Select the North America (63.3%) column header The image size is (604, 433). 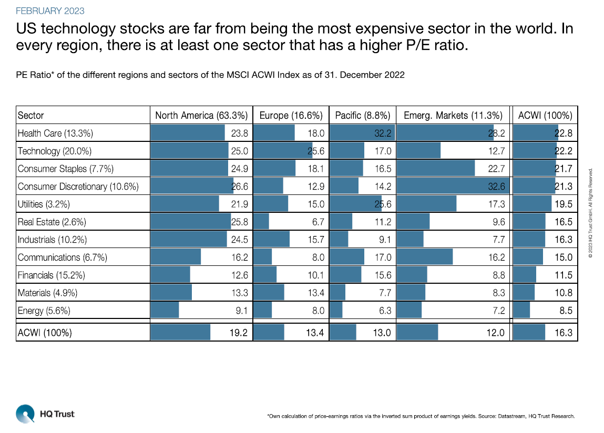tap(201, 116)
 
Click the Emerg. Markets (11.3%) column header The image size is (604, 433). tap(453, 116)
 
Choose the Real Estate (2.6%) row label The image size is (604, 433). tap(52, 222)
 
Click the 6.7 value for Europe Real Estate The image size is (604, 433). tap(318, 222)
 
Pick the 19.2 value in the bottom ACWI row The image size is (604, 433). tap(239, 333)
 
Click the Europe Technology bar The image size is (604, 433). tap(283, 151)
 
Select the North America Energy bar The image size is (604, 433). tap(165, 311)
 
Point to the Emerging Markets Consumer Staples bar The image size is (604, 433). tap(436, 169)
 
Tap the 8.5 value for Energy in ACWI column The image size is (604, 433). tap(566, 311)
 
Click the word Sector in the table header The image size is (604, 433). tap(31, 116)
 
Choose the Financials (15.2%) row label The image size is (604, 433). tap(51, 275)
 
